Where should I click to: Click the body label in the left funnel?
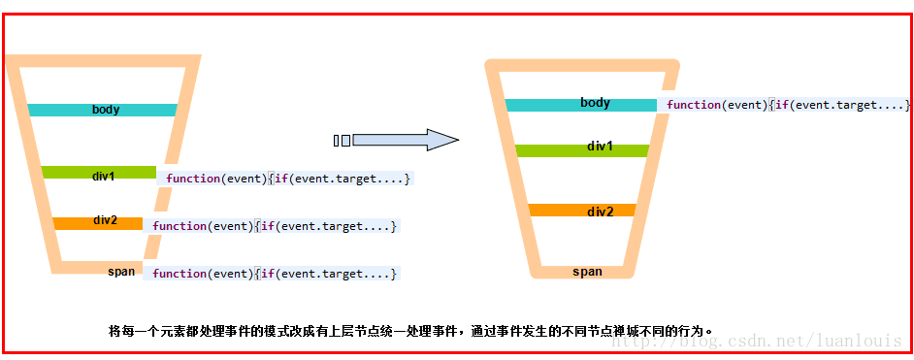point(106,110)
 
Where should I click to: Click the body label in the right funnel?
point(595,103)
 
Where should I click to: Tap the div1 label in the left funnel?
point(103,176)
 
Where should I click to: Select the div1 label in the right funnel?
point(600,147)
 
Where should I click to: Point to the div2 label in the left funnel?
point(105,220)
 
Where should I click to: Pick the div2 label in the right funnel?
point(600,213)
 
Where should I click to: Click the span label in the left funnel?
point(121,271)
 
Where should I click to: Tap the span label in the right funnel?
point(587,272)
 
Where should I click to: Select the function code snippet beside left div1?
point(288,179)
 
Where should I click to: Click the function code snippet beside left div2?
point(275,226)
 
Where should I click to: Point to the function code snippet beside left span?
point(275,274)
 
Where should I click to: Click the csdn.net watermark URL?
point(756,341)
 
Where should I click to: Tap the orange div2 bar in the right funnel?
point(582,211)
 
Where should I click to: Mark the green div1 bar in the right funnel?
point(582,150)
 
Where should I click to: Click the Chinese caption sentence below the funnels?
point(411,331)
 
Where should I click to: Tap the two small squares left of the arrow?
point(343,141)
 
